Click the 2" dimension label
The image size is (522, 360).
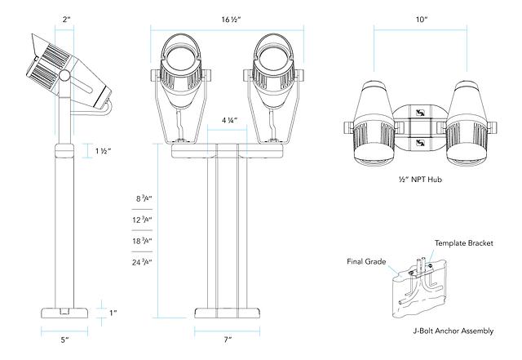[64, 17]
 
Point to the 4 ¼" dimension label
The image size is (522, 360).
[231, 121]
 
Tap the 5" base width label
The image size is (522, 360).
[64, 339]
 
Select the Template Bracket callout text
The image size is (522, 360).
[464, 243]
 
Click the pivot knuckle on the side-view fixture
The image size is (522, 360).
[64, 75]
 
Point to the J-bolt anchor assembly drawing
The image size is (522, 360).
[423, 283]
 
